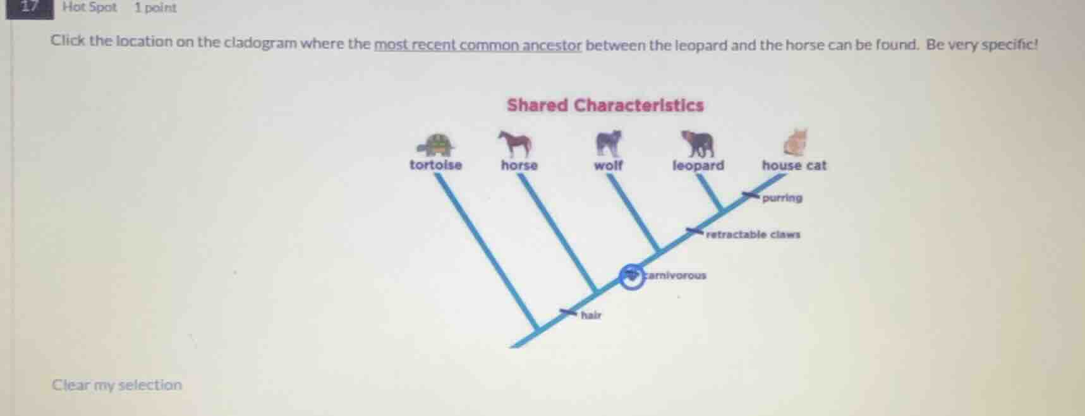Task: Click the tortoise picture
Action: pos(437,145)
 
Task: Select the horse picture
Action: pos(516,144)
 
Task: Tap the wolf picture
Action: pos(609,143)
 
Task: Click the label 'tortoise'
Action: pos(435,165)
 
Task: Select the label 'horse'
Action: pos(519,166)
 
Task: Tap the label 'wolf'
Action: pos(608,166)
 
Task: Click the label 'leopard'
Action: pos(698,166)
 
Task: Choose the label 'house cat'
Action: pos(794,166)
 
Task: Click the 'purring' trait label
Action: pos(782,198)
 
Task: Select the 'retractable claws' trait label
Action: pos(753,235)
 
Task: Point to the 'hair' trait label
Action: pos(591,315)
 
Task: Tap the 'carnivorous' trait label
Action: pos(676,276)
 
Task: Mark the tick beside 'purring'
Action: pos(750,195)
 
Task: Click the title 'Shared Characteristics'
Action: pos(605,105)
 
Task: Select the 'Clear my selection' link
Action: pos(117,385)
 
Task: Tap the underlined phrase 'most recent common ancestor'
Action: pos(477,45)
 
